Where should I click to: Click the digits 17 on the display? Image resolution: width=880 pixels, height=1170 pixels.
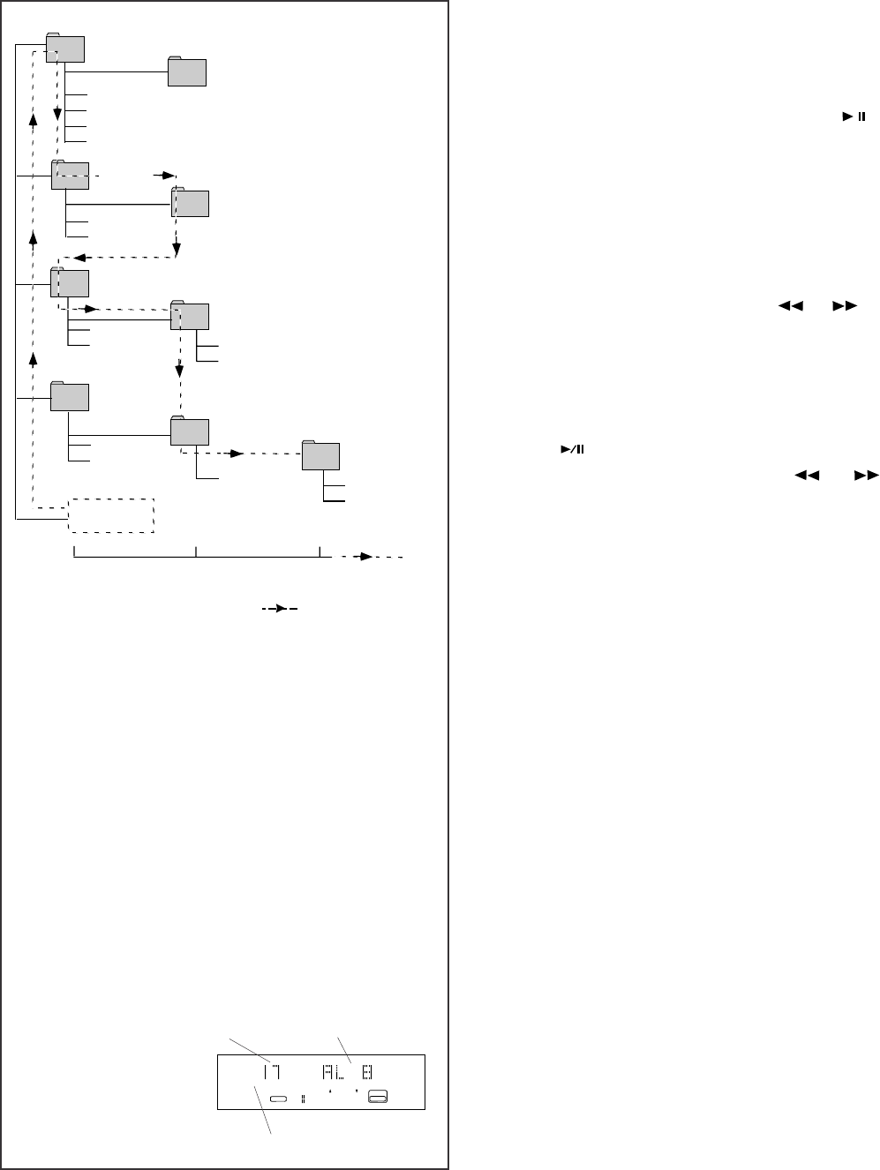(x=269, y=1072)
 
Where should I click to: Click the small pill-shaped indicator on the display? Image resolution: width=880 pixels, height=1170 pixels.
(x=280, y=1099)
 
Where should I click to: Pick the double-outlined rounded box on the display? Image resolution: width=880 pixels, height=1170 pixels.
(x=379, y=1097)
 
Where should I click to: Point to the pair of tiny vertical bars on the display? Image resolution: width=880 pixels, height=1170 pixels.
(x=302, y=1099)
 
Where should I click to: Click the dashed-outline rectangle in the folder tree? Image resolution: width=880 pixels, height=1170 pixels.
(x=111, y=515)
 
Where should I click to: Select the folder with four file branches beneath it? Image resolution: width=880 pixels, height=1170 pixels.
(x=65, y=49)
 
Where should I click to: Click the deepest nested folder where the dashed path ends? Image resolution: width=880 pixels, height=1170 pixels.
(x=320, y=454)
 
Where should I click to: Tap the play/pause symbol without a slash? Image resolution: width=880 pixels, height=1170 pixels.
(x=853, y=116)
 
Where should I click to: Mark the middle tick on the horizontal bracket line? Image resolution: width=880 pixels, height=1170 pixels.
(x=196, y=552)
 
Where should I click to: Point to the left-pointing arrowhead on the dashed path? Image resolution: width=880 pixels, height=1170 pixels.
(x=79, y=258)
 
